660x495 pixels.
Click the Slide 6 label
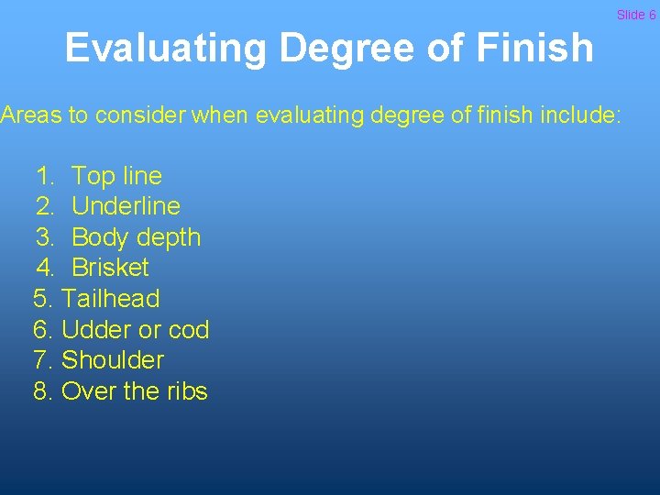636,15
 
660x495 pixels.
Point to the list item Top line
116,175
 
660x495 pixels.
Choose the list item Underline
126,206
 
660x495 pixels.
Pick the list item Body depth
136,237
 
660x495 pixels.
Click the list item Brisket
110,268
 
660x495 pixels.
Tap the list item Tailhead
110,299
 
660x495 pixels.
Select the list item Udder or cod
135,329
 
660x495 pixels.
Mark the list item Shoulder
113,360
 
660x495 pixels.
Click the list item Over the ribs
134,391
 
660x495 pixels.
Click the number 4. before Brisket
46,268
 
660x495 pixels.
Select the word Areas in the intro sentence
31,116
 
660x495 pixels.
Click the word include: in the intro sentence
577,116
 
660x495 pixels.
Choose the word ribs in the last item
187,391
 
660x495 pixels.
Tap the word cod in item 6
190,329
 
